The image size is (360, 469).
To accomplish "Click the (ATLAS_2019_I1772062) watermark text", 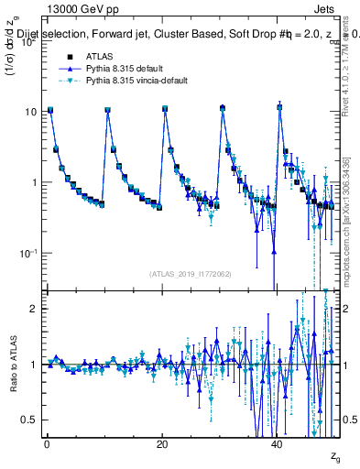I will [191, 273].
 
